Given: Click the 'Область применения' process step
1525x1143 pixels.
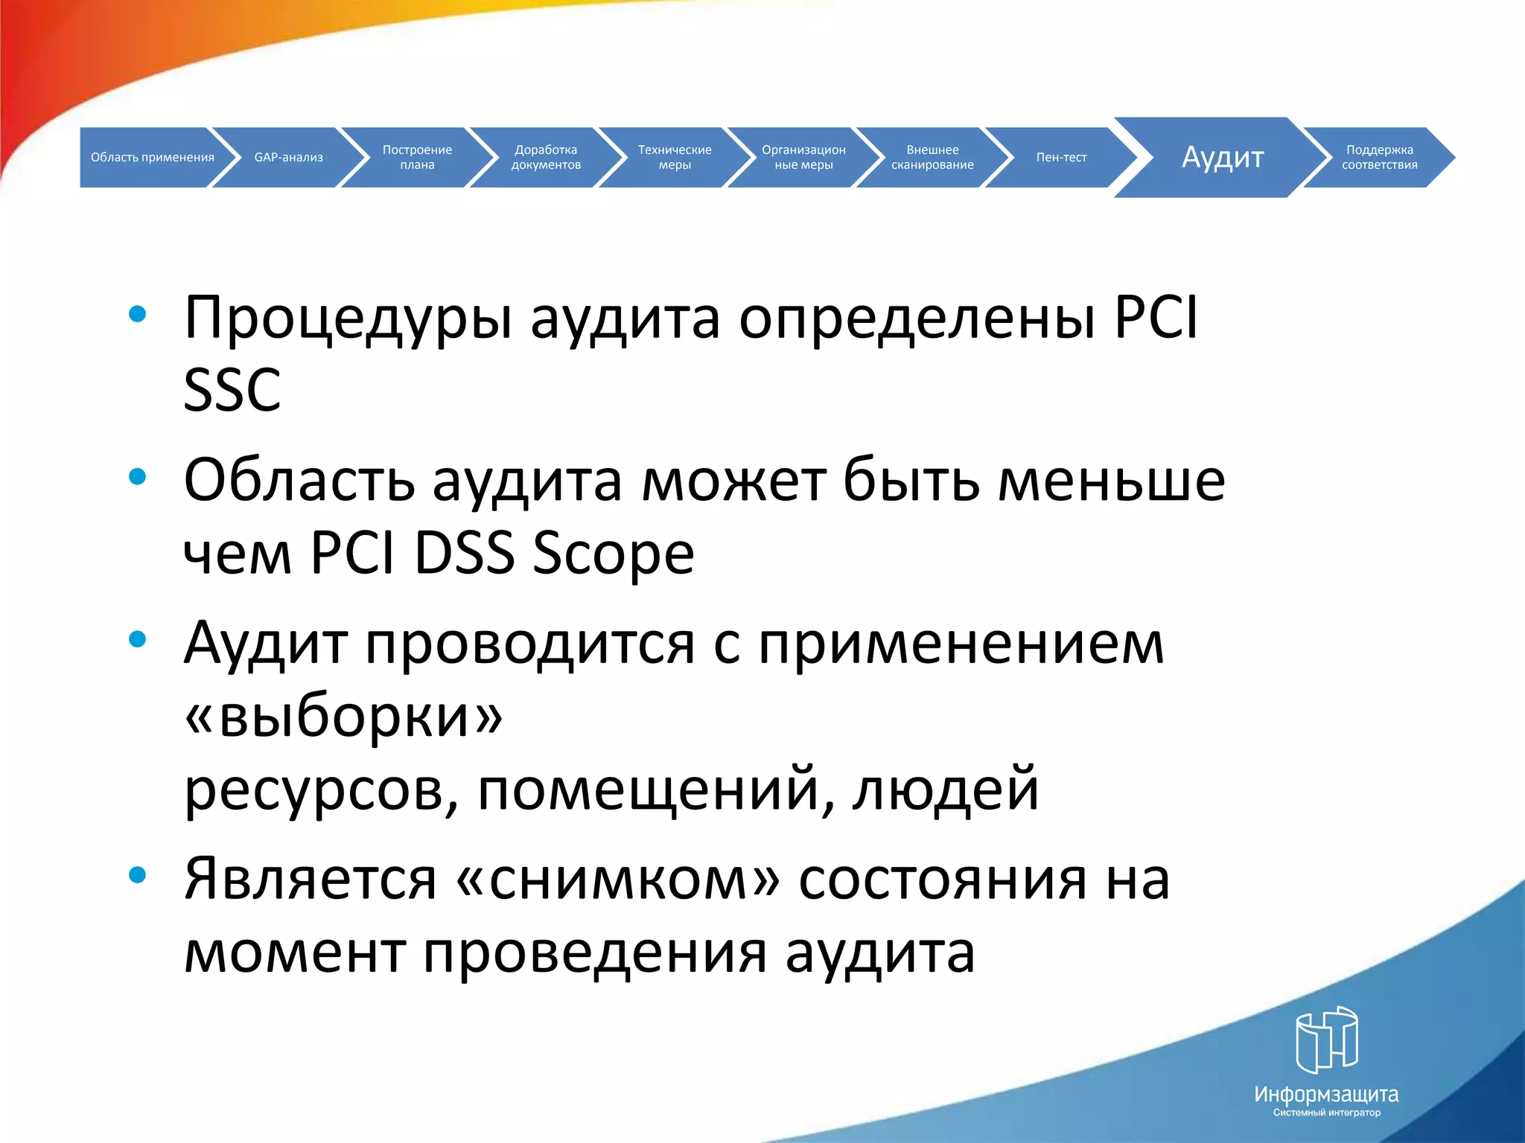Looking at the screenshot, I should (x=152, y=157).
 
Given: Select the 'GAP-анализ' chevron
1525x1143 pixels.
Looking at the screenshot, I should (x=289, y=157).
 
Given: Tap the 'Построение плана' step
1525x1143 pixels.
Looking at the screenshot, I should (x=417, y=157).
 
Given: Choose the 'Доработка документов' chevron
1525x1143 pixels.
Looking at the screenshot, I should (x=546, y=157).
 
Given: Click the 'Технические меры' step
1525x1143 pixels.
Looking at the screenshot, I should (x=675, y=157).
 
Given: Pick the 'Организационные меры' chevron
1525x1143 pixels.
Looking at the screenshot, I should (x=803, y=157).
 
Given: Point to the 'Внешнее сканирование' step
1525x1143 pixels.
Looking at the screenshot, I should (x=932, y=157).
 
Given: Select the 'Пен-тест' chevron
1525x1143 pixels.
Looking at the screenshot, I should (x=1061, y=157).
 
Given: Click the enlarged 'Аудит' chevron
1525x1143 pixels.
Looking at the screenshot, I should (x=1223, y=157).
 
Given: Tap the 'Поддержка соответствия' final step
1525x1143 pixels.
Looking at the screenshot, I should (x=1379, y=157).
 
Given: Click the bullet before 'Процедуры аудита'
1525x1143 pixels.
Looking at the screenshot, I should (x=137, y=314).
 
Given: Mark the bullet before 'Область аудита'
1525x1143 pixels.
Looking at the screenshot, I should (x=137, y=476).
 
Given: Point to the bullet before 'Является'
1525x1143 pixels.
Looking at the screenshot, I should (x=137, y=875).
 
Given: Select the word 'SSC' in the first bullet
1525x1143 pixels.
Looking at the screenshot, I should (x=232, y=391).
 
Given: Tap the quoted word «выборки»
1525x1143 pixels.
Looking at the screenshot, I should (x=343, y=717).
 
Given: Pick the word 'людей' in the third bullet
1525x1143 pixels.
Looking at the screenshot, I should (x=946, y=789).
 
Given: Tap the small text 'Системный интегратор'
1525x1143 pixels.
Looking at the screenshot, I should (x=1326, y=1112).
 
